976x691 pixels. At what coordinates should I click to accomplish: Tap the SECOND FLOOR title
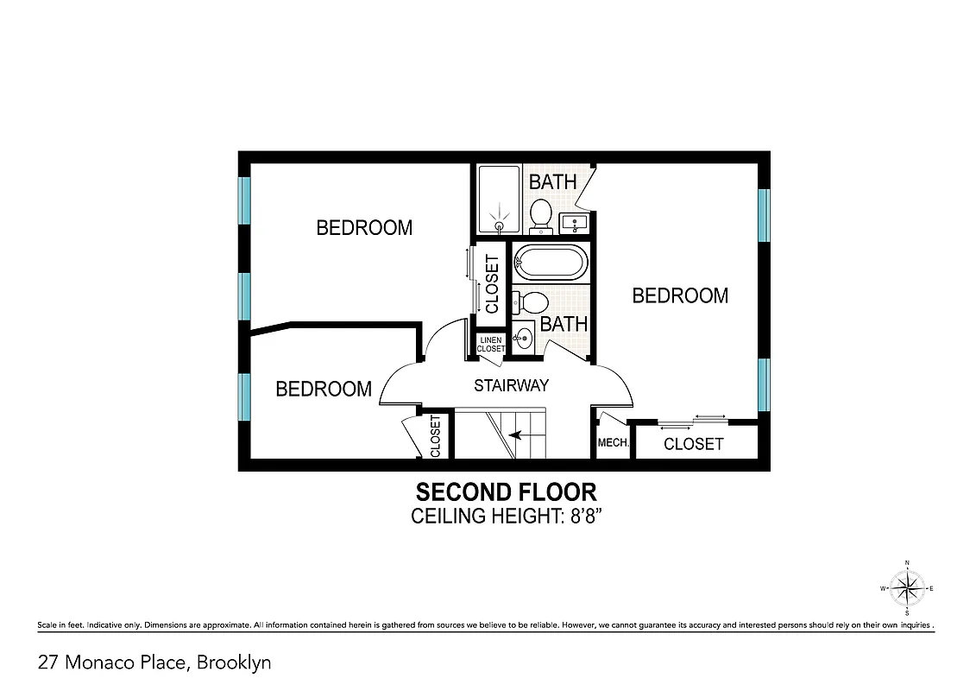point(506,492)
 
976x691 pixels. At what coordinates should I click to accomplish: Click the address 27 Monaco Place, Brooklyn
point(154,663)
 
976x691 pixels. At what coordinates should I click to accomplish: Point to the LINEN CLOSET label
point(490,344)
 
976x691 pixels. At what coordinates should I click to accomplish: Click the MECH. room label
point(613,444)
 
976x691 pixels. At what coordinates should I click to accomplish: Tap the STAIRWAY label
point(511,386)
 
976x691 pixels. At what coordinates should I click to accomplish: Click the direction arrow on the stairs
point(517,435)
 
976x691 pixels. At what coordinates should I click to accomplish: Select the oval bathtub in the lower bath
point(551,262)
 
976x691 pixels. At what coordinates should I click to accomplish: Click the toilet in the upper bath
point(541,213)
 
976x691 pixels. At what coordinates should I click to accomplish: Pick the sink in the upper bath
point(574,224)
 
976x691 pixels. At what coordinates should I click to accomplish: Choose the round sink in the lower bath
point(523,338)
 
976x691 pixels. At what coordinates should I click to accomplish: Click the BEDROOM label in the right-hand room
point(680,295)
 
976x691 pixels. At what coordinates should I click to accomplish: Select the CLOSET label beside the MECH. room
point(694,444)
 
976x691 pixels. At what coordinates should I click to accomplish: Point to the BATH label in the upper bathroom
point(552,182)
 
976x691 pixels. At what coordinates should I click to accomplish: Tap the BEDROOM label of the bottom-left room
point(324,389)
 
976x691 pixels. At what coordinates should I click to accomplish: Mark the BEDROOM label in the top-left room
point(364,228)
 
